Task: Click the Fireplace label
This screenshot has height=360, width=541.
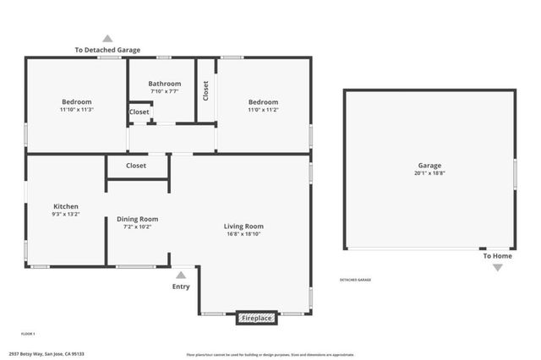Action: [x=256, y=319]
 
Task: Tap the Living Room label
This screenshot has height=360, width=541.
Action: [x=243, y=226]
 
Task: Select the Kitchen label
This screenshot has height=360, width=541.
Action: [x=66, y=206]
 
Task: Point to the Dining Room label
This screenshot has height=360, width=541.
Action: [x=137, y=219]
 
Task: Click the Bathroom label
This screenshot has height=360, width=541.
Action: [x=165, y=84]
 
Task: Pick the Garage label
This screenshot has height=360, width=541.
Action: [x=429, y=166]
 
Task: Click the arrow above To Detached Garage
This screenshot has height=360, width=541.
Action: [x=107, y=38]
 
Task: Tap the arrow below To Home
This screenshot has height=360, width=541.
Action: [x=497, y=267]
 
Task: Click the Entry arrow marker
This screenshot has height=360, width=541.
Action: [x=180, y=274]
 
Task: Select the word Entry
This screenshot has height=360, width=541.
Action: [x=181, y=286]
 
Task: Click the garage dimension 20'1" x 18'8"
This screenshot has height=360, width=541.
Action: [x=429, y=173]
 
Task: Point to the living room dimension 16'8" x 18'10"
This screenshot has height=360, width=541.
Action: [x=243, y=234]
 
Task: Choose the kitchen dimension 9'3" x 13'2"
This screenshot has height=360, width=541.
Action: [x=66, y=214]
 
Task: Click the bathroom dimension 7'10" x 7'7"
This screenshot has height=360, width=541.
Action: [x=165, y=91]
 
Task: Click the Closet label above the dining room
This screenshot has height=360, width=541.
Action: [x=136, y=166]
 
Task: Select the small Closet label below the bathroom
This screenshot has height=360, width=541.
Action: [x=139, y=112]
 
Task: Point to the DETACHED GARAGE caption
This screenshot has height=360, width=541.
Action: [x=355, y=280]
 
